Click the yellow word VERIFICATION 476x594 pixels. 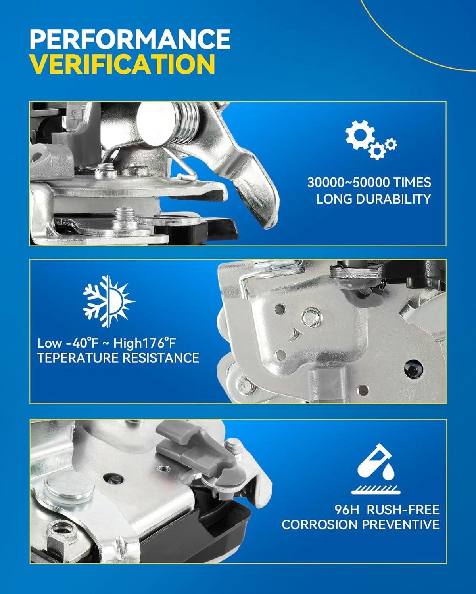pos(122,64)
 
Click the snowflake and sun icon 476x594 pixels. pos(108,299)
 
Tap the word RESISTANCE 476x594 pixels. pos(161,358)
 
